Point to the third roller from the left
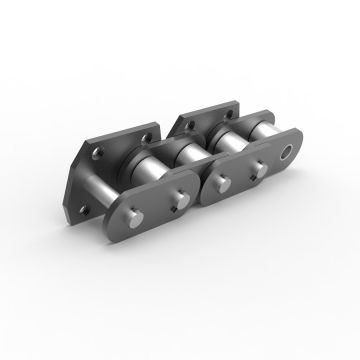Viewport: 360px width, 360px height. point(226,137)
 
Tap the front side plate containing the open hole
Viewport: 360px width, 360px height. point(255,175)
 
